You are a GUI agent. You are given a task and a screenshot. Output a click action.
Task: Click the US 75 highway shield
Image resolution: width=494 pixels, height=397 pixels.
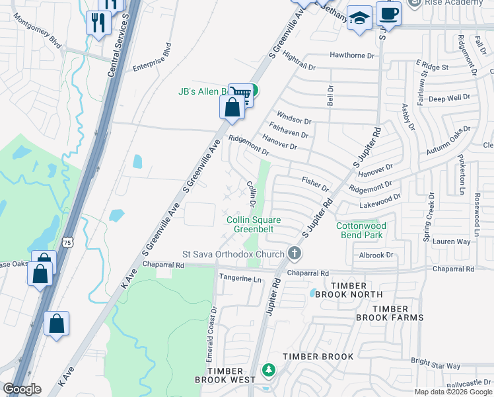pos(68,243)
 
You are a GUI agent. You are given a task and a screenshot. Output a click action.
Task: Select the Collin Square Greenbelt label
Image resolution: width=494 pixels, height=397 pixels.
pos(254,224)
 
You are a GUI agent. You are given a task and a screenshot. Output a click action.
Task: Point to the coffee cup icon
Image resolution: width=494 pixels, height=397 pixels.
pos(388,14)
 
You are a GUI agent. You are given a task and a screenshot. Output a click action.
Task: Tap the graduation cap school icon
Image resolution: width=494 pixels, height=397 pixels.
pos(360,19)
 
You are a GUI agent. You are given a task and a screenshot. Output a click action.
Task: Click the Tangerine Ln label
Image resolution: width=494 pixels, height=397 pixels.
pos(240,279)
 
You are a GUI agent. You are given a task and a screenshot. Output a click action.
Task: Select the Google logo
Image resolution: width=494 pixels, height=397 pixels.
pos(21,389)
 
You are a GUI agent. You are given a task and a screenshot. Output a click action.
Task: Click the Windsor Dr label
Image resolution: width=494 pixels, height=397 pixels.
pos(294,120)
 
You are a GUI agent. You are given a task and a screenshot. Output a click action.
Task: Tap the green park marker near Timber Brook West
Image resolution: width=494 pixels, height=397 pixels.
pos(268,370)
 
